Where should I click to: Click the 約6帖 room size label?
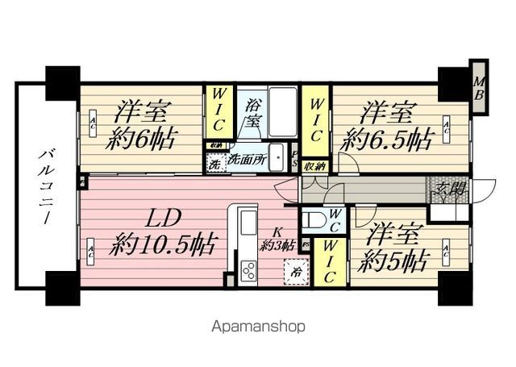[142, 139]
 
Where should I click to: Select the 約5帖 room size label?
[393, 261]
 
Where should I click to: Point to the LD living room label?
[163, 219]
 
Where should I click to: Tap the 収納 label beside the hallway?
[314, 165]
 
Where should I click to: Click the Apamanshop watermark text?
[257, 327]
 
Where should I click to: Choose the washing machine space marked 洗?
[214, 164]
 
